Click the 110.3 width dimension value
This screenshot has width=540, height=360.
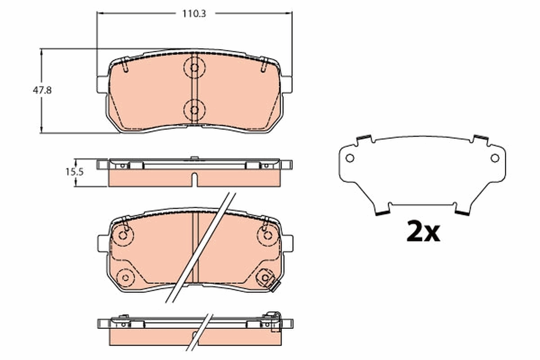[194, 13]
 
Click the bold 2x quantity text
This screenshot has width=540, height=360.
[423, 232]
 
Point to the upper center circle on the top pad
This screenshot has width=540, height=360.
[194, 68]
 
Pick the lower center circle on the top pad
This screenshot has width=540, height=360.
[194, 109]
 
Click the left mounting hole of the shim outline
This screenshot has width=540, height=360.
[350, 158]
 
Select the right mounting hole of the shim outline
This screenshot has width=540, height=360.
[495, 158]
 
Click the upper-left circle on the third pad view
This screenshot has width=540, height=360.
[123, 234]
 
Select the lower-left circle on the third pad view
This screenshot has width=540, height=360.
[126, 276]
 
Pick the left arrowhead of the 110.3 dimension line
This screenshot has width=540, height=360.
[100, 13]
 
